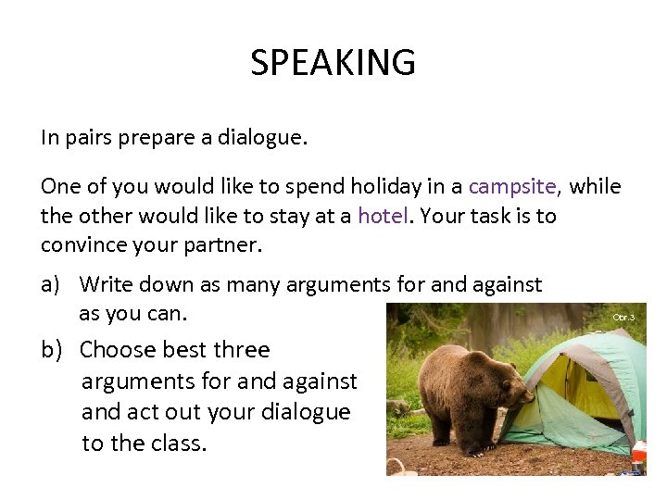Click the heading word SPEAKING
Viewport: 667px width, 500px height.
coord(333,63)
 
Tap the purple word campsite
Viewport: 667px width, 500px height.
coord(512,186)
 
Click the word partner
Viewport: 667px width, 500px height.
coord(221,246)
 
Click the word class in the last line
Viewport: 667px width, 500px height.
coord(179,443)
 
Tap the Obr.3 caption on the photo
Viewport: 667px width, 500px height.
coord(623,317)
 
